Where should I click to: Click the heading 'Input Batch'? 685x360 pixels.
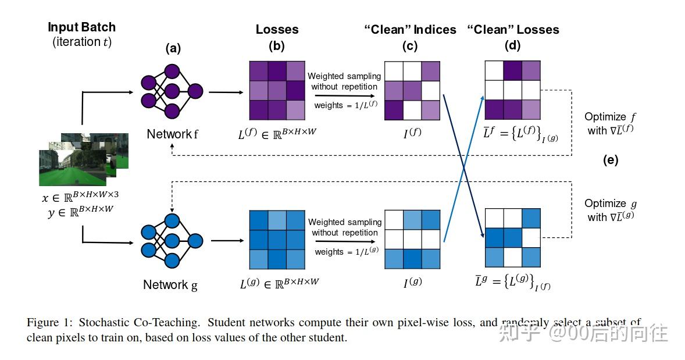tap(81, 27)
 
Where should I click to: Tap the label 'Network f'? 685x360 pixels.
tap(173, 134)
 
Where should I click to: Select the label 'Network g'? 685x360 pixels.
tap(170, 285)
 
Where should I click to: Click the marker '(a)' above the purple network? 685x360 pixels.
tap(173, 49)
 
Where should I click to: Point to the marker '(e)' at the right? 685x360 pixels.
tap(611, 161)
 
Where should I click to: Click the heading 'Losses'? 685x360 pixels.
tap(277, 29)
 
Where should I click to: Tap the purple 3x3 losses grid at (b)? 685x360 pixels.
tap(277, 90)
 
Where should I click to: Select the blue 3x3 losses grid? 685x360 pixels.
tap(277, 239)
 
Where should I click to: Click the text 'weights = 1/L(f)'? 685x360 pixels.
tap(344, 105)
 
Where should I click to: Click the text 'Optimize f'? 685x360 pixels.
tap(609, 117)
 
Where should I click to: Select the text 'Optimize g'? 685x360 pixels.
tap(609, 204)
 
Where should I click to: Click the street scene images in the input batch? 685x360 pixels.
tap(81, 157)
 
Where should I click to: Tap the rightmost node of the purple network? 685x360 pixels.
tap(195, 91)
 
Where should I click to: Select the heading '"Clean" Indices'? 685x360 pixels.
tap(411, 30)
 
